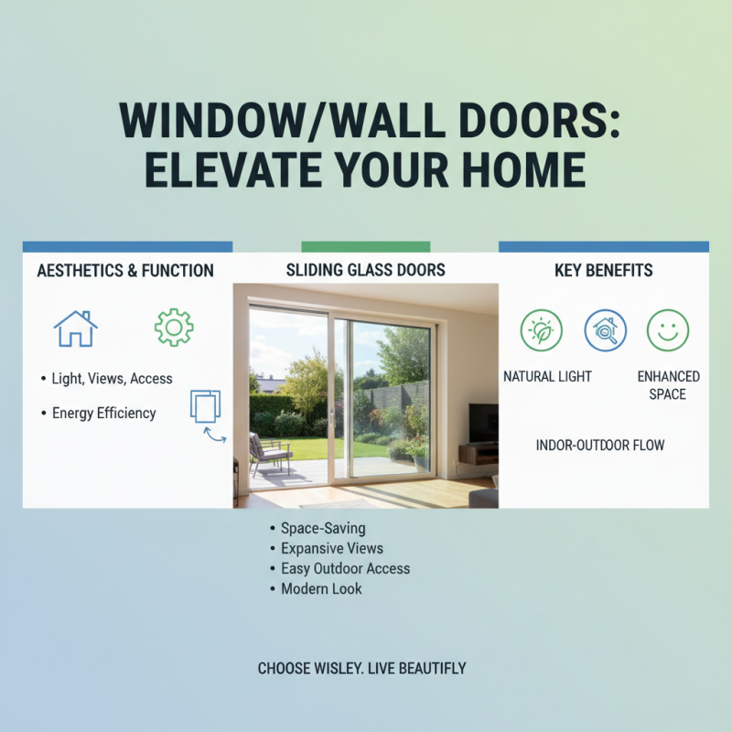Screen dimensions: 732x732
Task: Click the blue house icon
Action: (75, 328)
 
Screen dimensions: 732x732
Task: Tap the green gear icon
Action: (174, 327)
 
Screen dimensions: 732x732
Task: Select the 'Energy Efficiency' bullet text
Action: (103, 413)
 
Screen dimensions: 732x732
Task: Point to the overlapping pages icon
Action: (206, 406)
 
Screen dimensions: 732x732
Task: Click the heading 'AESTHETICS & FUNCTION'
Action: (125, 271)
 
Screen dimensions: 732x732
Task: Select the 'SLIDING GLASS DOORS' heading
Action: (366, 269)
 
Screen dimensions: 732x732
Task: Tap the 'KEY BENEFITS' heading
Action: (603, 271)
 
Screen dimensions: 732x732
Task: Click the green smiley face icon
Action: (668, 329)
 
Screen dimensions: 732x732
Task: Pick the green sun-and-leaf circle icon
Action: (542, 329)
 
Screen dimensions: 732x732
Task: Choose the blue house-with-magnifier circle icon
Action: (605, 329)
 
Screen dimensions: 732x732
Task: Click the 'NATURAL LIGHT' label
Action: (547, 376)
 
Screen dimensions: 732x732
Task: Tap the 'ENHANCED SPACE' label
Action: (668, 384)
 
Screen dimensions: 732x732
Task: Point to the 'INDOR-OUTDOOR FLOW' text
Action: (600, 446)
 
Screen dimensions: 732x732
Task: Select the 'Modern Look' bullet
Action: (321, 588)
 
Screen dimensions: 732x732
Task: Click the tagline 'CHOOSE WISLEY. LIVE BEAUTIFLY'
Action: (361, 668)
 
